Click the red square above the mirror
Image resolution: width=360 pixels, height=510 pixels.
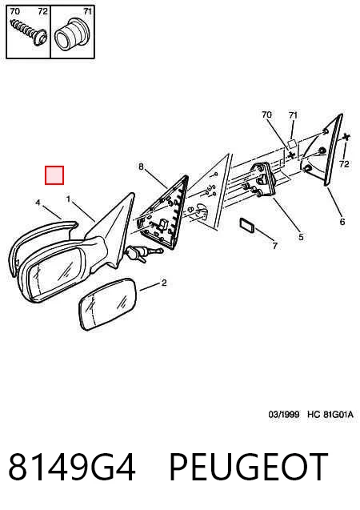pos(54,175)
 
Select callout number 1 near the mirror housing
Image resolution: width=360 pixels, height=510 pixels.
pos(68,199)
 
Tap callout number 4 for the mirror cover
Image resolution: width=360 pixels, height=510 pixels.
pos(38,203)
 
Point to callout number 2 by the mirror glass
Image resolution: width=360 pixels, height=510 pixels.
pos(164,283)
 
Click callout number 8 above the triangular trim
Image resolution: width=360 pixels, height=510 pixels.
pos(141,167)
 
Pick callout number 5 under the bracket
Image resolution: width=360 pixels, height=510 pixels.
pos(301,237)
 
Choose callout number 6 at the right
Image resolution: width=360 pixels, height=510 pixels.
pos(342,222)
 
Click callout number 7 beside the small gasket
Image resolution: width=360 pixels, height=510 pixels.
pos(275,246)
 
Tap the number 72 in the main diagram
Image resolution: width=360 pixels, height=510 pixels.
pos(344,164)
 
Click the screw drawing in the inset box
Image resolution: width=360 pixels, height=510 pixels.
pos(29,30)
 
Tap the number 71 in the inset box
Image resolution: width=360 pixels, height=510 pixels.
pos(87,11)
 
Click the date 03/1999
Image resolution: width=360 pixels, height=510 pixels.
pos(284,415)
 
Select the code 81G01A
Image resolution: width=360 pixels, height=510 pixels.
pos(338,415)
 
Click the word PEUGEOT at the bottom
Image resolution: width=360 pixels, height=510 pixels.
pos(248,467)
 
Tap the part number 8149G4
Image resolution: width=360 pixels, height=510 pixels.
pos(71,467)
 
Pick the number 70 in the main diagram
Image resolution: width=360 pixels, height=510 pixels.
pos(266,114)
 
